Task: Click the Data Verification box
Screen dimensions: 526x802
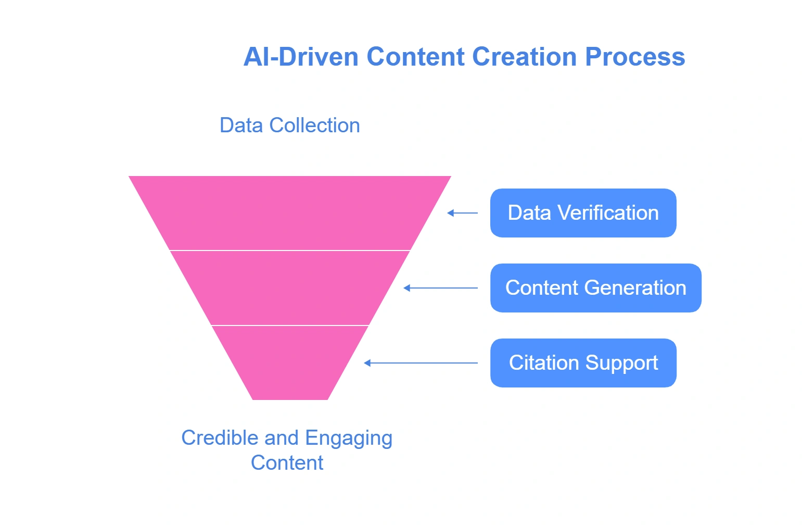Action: (x=583, y=213)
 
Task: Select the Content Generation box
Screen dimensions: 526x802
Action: (x=595, y=288)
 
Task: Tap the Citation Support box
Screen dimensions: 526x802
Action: (x=583, y=363)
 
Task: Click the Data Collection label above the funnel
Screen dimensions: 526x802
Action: (x=289, y=126)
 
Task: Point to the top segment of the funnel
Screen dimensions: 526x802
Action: (x=290, y=213)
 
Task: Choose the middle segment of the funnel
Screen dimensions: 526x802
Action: (x=290, y=288)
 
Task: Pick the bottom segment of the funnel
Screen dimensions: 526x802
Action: (x=290, y=363)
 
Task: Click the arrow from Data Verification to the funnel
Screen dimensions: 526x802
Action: (x=463, y=213)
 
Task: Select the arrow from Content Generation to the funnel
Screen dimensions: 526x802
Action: (x=441, y=288)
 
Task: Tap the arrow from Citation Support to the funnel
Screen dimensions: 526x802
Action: (x=421, y=363)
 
